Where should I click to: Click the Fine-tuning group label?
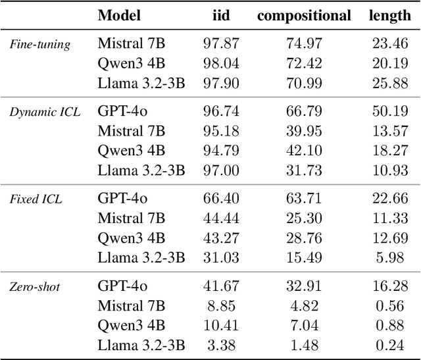(39, 45)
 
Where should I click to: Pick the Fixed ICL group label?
(36, 199)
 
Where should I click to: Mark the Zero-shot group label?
(35, 286)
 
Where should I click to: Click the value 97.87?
(222, 44)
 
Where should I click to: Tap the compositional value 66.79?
(304, 112)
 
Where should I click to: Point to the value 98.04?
(222, 64)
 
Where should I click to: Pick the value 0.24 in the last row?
(393, 345)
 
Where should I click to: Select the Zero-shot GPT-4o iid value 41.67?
(222, 286)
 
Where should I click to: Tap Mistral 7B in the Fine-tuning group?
(132, 44)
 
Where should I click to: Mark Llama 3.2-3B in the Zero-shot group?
(141, 345)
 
